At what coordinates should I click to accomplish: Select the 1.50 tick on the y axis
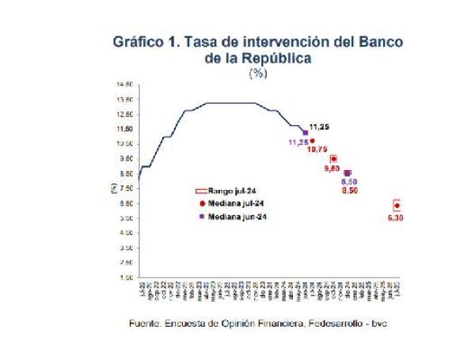pyautogui.click(x=126, y=278)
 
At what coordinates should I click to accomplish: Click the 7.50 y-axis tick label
pyautogui.click(x=126, y=188)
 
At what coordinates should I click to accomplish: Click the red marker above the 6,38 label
pyautogui.click(x=396, y=205)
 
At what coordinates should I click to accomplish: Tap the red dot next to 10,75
pyautogui.click(x=312, y=141)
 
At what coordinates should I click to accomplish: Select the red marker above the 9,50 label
pyautogui.click(x=333, y=158)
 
